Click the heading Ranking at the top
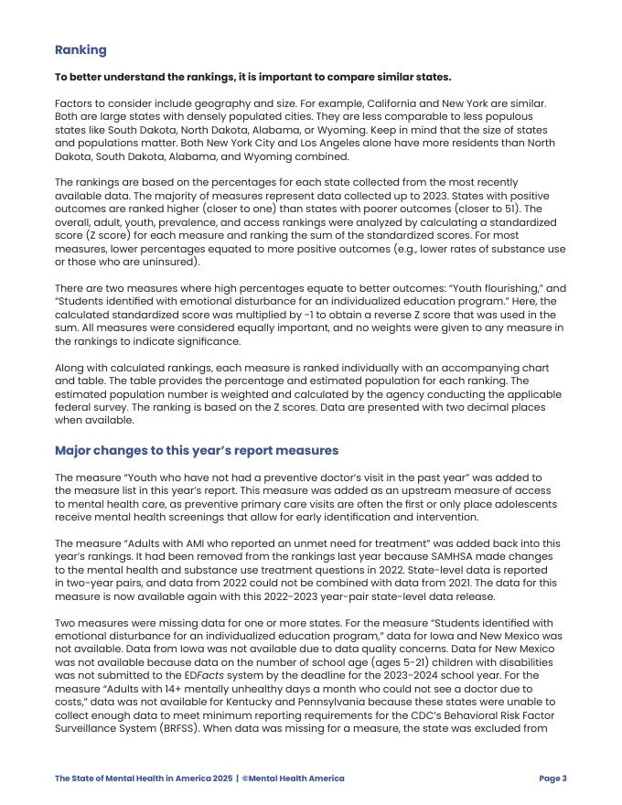[x=80, y=50]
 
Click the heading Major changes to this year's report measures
[x=197, y=451]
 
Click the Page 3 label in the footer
[x=552, y=778]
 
